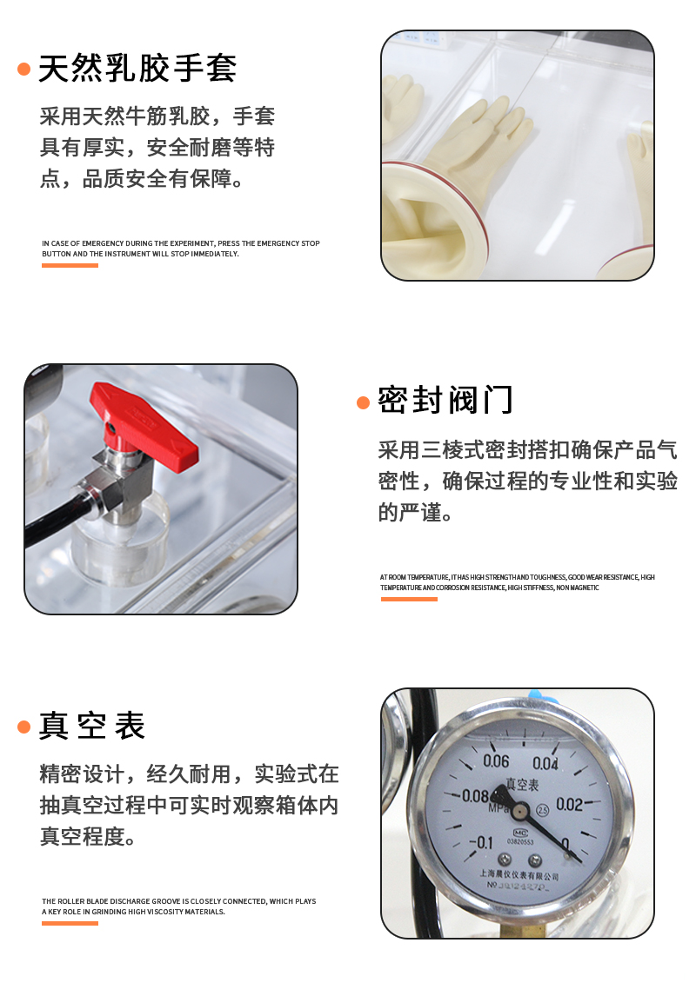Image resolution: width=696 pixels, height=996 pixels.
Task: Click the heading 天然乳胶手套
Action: (x=137, y=68)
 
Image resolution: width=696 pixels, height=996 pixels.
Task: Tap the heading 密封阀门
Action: (x=445, y=401)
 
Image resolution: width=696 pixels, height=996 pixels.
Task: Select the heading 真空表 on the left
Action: (x=91, y=726)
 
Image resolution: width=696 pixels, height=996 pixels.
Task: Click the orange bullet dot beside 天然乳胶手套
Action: (x=24, y=69)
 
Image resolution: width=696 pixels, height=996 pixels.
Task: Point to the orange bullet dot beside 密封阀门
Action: (x=364, y=402)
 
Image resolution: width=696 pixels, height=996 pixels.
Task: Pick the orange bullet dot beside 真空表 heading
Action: (x=24, y=727)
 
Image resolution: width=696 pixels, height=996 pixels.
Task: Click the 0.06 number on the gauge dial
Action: (x=495, y=762)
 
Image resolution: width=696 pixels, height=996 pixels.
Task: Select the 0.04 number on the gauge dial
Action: (x=545, y=764)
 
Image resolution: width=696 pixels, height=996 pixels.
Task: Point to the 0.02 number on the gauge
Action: (x=569, y=805)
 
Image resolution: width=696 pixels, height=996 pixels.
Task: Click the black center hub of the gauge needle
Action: (x=520, y=811)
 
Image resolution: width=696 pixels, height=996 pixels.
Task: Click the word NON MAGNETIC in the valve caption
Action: (x=579, y=588)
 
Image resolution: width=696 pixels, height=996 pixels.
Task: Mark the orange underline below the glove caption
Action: (x=70, y=265)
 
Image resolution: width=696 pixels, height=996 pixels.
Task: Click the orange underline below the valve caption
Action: (x=408, y=599)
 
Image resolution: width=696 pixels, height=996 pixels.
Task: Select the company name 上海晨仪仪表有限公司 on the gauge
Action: (x=519, y=876)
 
